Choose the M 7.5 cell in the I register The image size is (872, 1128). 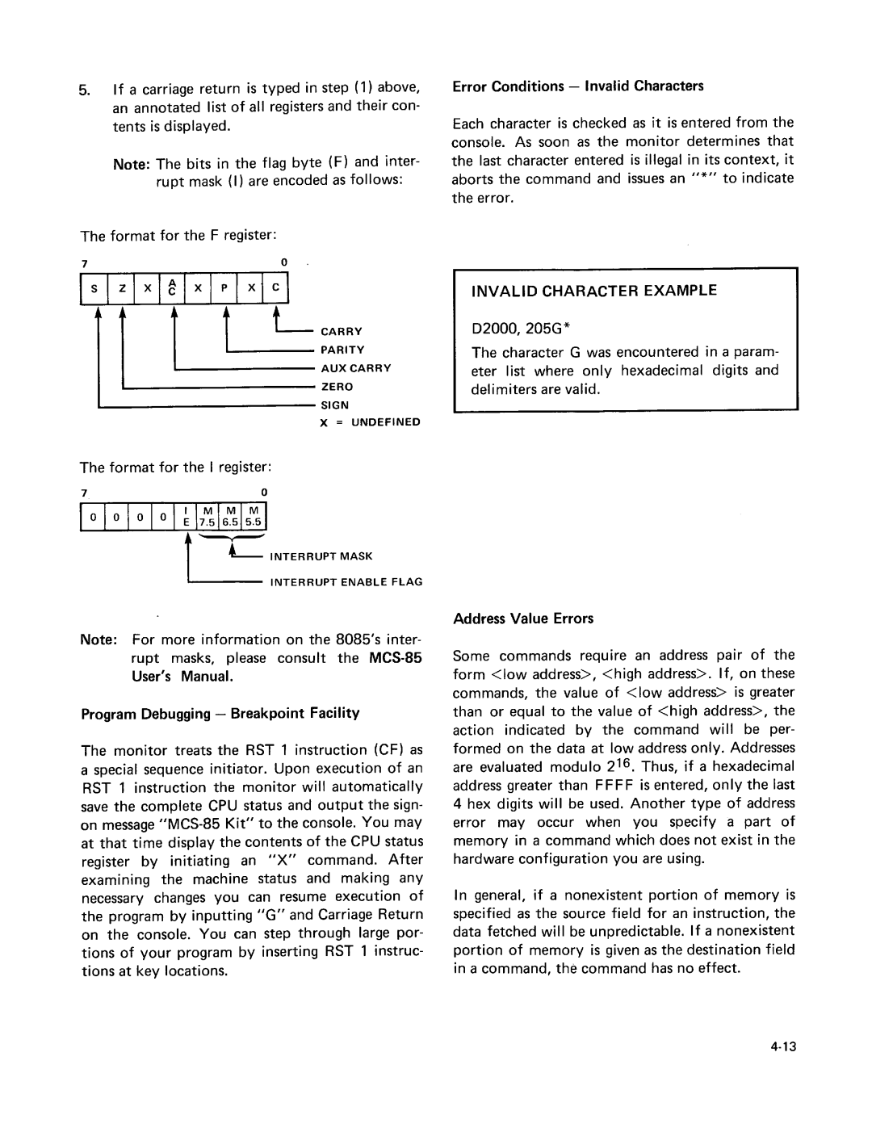[x=207, y=516]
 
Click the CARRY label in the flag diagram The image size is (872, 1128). [x=342, y=332]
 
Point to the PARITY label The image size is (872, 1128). [x=343, y=350]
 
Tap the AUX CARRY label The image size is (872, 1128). [x=356, y=368]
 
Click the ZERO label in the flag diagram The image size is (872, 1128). [x=337, y=387]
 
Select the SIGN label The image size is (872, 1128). [x=335, y=405]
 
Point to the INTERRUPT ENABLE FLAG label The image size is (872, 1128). [x=346, y=582]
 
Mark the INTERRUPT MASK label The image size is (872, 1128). [x=321, y=556]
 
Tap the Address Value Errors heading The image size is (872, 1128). [x=523, y=619]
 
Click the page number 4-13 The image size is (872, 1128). [x=783, y=1047]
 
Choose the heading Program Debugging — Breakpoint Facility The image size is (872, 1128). [x=220, y=713]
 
